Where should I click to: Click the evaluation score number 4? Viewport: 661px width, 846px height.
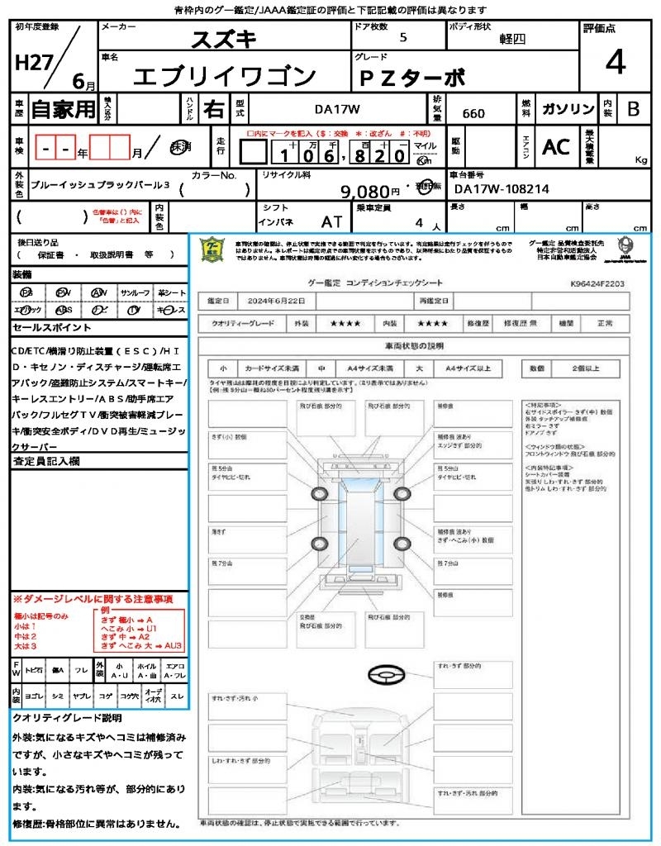614,63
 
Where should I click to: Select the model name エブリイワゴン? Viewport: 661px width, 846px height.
226,76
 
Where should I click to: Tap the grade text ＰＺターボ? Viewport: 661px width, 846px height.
411,78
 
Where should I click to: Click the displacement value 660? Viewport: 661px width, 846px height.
473,113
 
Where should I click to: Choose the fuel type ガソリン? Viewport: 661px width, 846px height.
567,109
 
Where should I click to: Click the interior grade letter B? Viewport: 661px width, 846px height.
633,109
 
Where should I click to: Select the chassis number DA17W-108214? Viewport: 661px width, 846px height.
502,189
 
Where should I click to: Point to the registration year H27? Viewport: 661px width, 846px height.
32,61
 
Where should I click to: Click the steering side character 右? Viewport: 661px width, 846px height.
213,109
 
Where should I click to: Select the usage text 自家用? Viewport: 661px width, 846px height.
64,109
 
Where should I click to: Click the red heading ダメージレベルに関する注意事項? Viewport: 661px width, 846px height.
96,598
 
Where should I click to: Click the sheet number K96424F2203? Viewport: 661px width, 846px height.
597,283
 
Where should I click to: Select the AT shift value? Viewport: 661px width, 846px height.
332,221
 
